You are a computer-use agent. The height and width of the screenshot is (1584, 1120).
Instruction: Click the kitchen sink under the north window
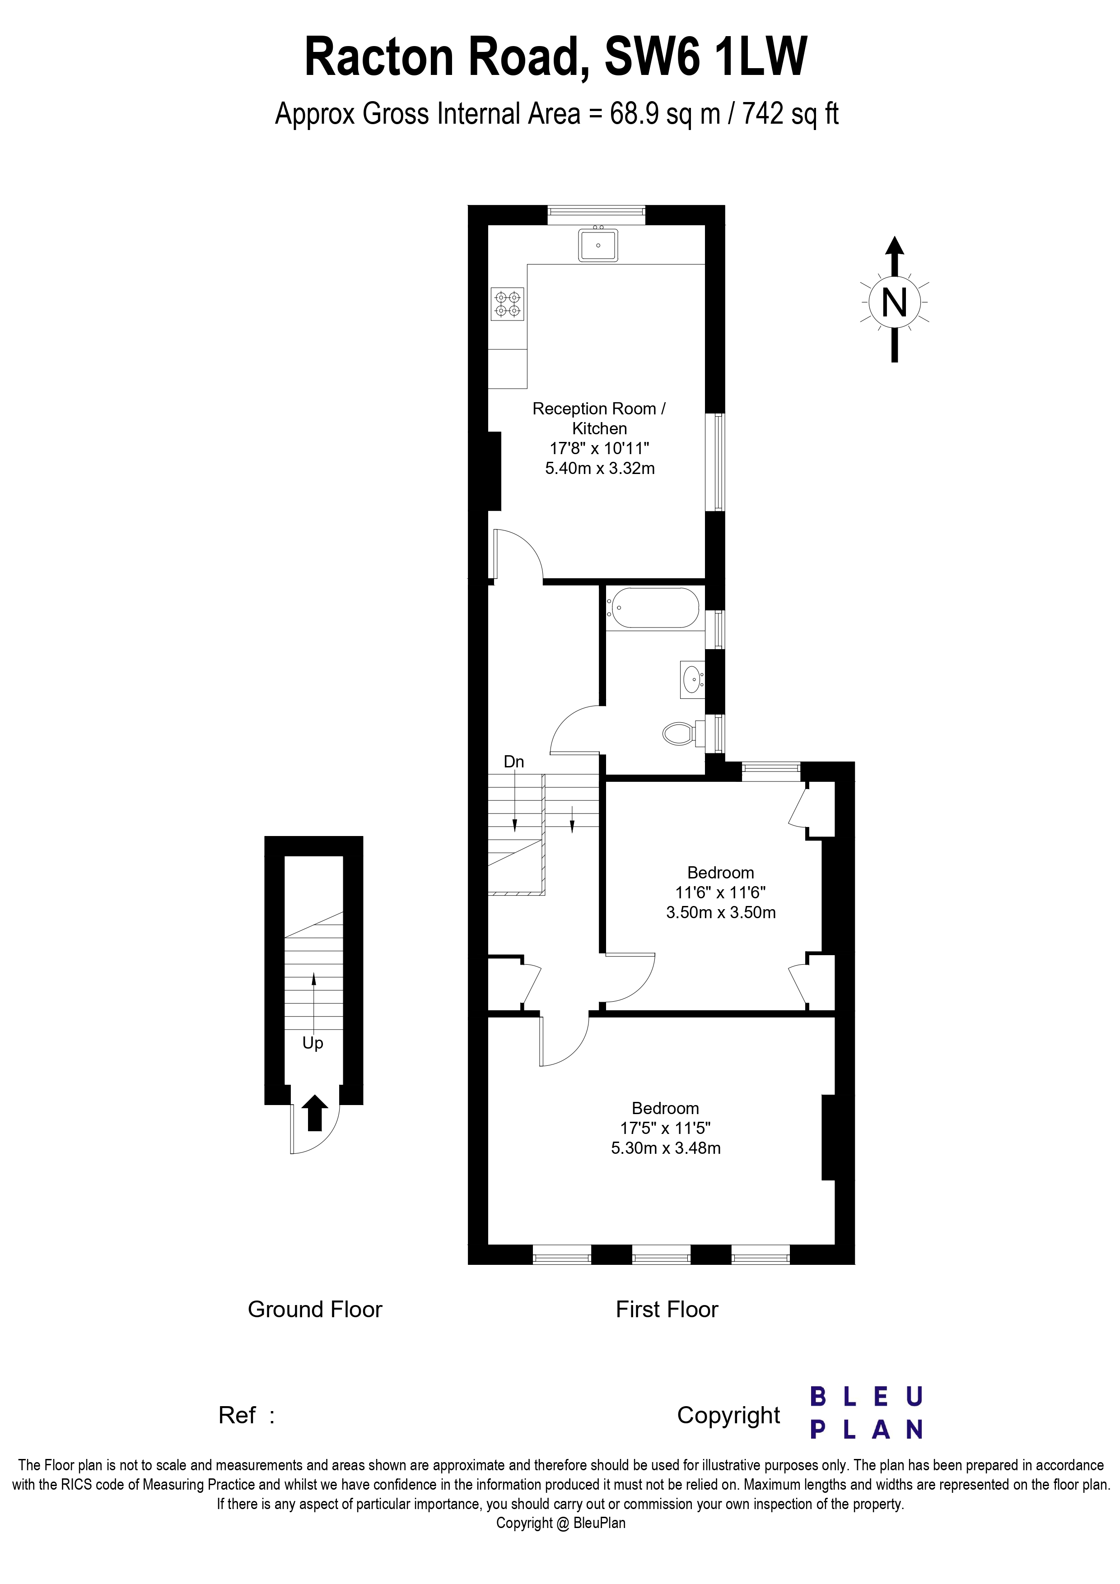pos(597,245)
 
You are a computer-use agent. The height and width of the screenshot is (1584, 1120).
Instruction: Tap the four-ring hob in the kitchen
pos(507,304)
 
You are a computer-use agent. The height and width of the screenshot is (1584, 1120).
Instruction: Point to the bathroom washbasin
pos(691,679)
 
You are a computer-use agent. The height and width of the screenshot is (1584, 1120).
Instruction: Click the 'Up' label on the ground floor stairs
pos(313,1043)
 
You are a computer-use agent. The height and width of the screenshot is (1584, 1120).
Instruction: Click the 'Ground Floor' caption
pos(315,1310)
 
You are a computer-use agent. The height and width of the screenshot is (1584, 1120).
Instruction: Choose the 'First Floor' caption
pos(667,1310)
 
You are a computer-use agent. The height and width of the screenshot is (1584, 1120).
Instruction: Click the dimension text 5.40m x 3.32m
pos(600,469)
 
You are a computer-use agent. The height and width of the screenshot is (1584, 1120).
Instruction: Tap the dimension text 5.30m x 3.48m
pos(666,1148)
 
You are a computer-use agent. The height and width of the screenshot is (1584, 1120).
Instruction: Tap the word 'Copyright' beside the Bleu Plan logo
pos(728,1415)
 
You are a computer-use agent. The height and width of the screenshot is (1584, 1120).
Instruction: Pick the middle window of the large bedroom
pos(661,1254)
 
